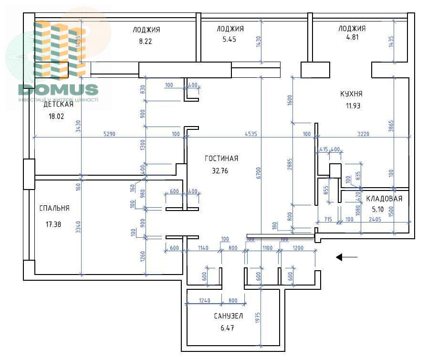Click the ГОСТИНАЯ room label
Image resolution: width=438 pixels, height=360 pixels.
click(221, 159)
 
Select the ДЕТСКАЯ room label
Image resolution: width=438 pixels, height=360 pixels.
click(59, 104)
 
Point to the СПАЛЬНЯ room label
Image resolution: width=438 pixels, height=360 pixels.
click(54, 208)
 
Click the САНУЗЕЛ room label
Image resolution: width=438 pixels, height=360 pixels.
click(229, 316)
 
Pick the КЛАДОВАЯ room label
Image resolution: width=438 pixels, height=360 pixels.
click(384, 199)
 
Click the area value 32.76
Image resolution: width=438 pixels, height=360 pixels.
click(220, 170)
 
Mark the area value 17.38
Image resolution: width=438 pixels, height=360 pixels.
click(53, 223)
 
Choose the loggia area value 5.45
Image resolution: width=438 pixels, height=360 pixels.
click(230, 40)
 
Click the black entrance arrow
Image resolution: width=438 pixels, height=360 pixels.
click(346, 257)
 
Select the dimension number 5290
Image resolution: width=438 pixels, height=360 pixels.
click(111, 134)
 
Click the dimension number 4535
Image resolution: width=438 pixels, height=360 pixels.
click(250, 134)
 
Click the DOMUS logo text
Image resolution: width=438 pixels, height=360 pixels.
click(58, 89)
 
